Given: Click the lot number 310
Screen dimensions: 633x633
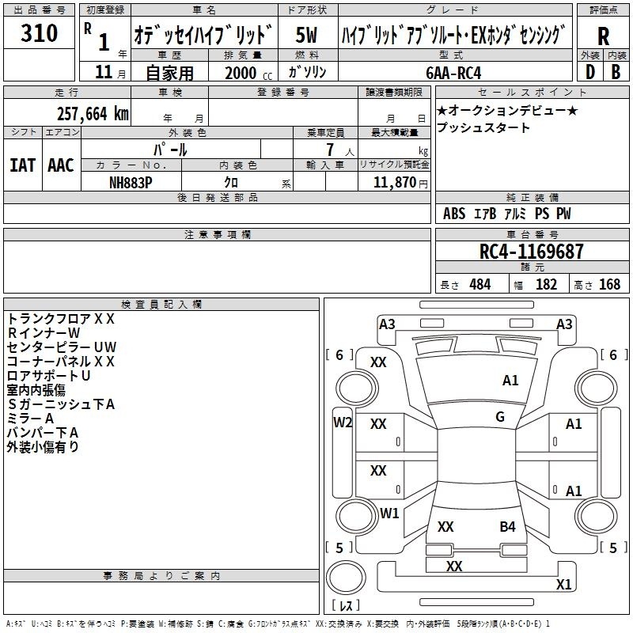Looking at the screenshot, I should pos(40,34).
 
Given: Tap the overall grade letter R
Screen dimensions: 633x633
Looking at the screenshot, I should pos(603,36).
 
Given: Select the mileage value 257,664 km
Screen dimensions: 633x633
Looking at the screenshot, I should pos(92,113).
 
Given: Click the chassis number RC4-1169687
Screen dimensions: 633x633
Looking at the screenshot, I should pos(532,252).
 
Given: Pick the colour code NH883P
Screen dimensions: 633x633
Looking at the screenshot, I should pos(131,180).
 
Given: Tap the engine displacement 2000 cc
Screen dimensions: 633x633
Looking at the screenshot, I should pos(245,73).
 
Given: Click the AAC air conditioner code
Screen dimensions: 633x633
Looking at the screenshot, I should pos(61,165).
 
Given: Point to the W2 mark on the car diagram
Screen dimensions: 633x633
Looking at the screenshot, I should pos(343,422).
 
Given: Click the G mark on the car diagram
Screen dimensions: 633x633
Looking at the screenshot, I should pos(500,417).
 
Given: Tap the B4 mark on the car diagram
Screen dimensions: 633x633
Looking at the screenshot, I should pos(507,526).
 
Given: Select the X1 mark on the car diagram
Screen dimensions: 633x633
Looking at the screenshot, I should pos(563,585).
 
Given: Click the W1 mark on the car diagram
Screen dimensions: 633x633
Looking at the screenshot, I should pos(389,513).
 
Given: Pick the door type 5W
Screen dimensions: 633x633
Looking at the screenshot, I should pos(306,35).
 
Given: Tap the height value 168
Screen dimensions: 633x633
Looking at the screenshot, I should pos(609,285).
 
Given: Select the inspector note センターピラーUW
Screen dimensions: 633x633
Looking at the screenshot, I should pos(62,347).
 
